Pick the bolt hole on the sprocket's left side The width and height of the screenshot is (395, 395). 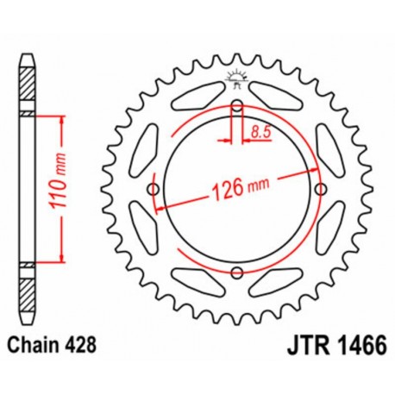point(154,190)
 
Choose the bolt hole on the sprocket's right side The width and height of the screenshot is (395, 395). point(321,190)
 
